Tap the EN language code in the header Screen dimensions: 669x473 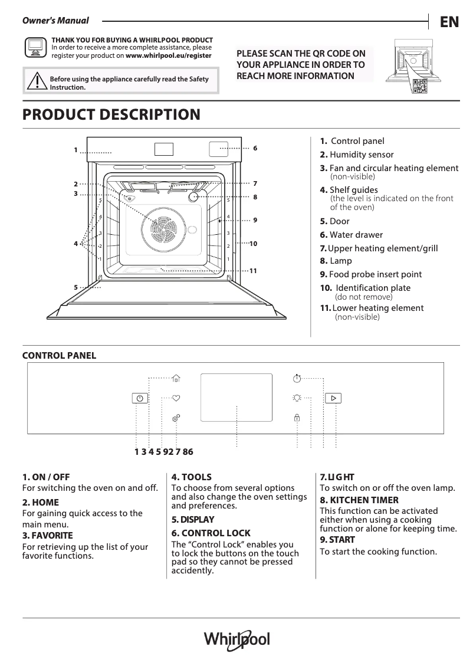coord(449,22)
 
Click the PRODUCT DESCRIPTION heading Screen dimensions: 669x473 coord(111,114)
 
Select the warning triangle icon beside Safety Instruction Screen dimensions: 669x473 coord(37,81)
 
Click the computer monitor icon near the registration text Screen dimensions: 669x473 coord(35,46)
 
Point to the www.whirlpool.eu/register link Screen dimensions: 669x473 coord(169,55)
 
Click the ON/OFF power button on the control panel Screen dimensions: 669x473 coord(139,398)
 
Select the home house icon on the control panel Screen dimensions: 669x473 coord(176,378)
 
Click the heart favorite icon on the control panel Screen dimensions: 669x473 coord(176,398)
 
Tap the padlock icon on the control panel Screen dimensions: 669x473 coord(297,418)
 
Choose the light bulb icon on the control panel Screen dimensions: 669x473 coord(297,398)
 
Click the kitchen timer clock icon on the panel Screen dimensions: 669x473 coord(297,378)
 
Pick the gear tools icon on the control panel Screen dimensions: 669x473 coord(176,418)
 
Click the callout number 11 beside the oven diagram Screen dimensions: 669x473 coord(254,271)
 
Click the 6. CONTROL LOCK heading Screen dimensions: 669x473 coord(211,533)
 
